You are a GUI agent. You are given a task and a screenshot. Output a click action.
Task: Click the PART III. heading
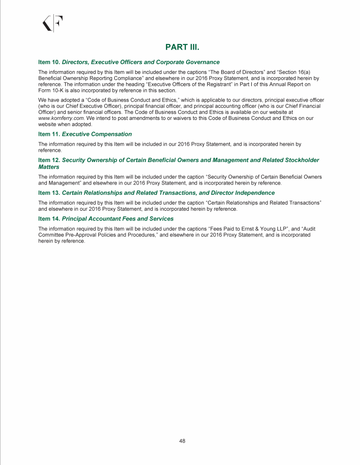coord(180,47)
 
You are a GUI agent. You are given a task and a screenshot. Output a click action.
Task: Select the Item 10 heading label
coord(49,62)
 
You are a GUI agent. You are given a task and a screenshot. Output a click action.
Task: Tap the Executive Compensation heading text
coord(97,134)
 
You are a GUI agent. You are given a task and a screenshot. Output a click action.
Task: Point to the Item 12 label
coord(49,160)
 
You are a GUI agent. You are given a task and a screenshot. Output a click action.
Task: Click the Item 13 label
coord(49,192)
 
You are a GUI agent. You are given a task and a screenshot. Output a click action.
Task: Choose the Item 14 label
coord(49,218)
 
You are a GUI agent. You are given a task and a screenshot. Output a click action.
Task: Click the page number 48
coord(182,441)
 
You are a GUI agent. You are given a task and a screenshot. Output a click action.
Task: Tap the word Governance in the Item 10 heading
coord(201,62)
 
